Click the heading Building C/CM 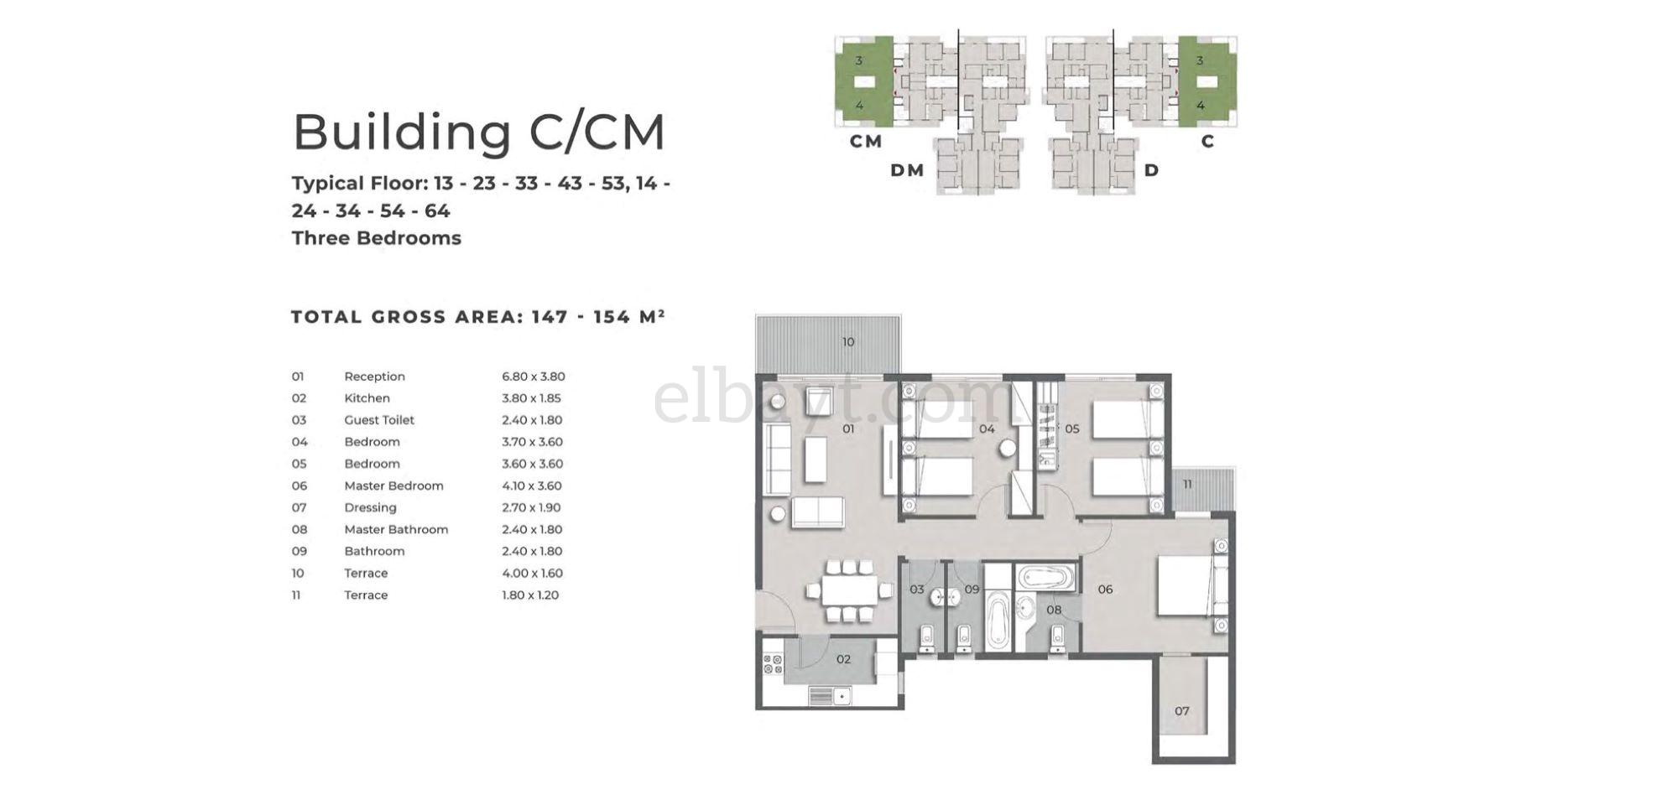tap(478, 132)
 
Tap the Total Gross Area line tap(478, 316)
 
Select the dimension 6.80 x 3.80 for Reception tap(534, 377)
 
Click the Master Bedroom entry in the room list tap(393, 486)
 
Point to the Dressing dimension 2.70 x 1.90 tap(531, 507)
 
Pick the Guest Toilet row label tap(379, 420)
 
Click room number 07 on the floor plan tap(1182, 711)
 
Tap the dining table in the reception tap(850, 590)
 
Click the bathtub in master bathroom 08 tap(1045, 578)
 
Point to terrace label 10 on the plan tap(848, 342)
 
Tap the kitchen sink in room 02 tap(831, 696)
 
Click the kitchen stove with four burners tap(773, 665)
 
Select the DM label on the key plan tap(907, 170)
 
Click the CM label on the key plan tap(866, 142)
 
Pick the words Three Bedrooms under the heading tap(377, 238)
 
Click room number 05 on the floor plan tap(1072, 429)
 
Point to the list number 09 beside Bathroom tap(300, 551)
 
